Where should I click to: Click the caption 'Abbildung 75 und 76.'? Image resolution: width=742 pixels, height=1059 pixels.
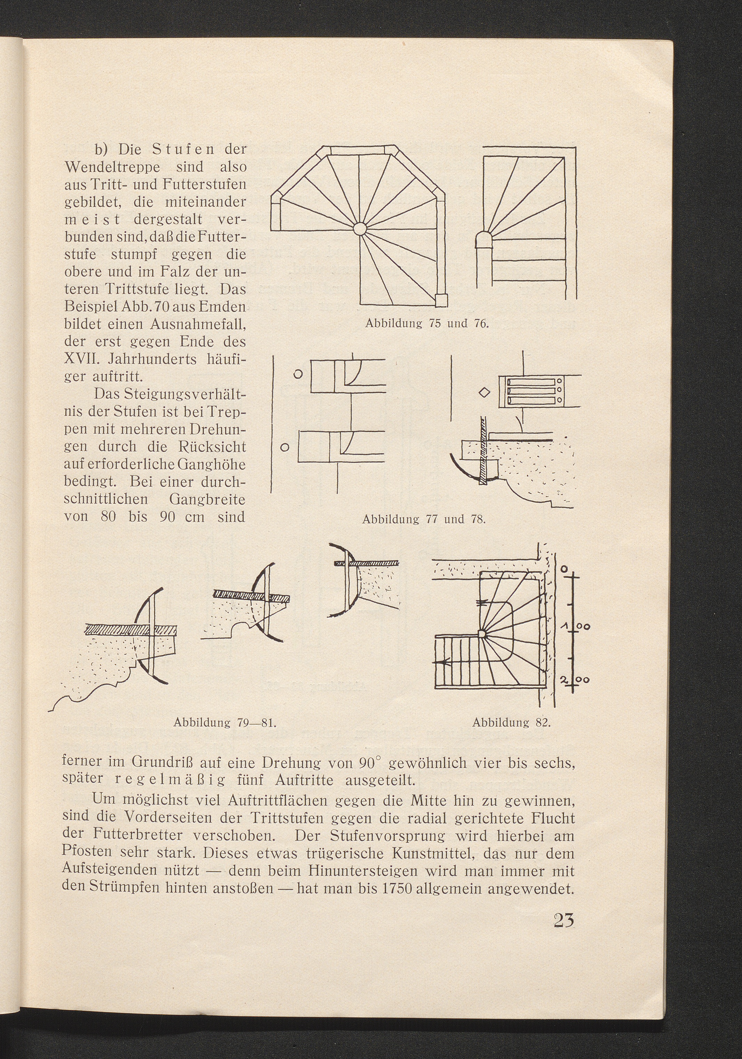click(426, 323)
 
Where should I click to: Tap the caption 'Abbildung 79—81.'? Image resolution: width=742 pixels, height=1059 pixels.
click(225, 722)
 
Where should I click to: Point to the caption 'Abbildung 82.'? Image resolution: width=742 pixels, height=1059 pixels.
click(512, 722)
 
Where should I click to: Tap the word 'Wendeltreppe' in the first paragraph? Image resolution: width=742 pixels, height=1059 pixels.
click(111, 166)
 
